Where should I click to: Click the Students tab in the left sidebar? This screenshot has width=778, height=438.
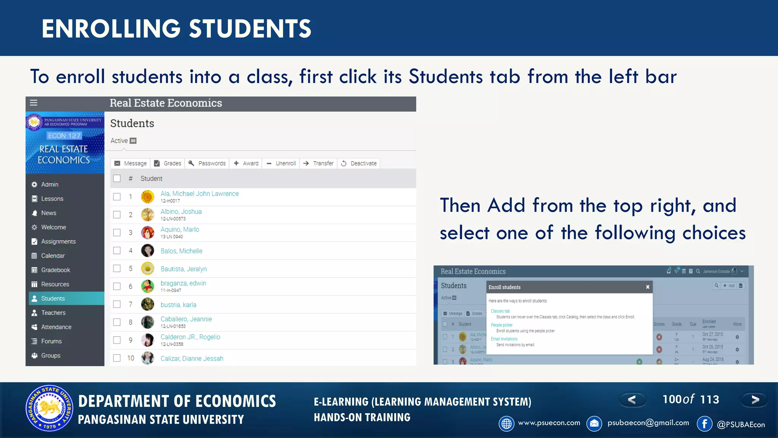click(53, 298)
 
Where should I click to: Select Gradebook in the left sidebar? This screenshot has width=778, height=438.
click(55, 270)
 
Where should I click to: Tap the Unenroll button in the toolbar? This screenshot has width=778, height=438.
click(281, 163)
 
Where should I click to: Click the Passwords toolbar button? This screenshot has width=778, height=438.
click(207, 163)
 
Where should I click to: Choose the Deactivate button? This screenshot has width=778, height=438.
click(359, 163)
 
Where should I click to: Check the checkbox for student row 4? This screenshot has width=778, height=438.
click(117, 251)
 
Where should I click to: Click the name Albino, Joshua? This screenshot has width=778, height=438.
click(181, 212)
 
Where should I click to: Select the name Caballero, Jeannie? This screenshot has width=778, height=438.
click(186, 319)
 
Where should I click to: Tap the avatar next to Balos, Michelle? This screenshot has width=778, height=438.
click(147, 251)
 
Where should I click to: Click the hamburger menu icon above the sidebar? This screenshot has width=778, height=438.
click(33, 103)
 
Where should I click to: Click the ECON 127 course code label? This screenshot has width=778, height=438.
click(64, 136)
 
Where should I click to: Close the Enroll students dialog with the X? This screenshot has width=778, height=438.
click(648, 287)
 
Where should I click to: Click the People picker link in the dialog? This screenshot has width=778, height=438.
click(501, 325)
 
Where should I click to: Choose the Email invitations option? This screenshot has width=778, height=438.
click(504, 339)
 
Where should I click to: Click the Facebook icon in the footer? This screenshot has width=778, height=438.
click(705, 424)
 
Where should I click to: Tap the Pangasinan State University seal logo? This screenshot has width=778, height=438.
click(49, 408)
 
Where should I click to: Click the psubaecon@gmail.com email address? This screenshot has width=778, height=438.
click(648, 423)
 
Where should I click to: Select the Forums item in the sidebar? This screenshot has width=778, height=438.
click(51, 341)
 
